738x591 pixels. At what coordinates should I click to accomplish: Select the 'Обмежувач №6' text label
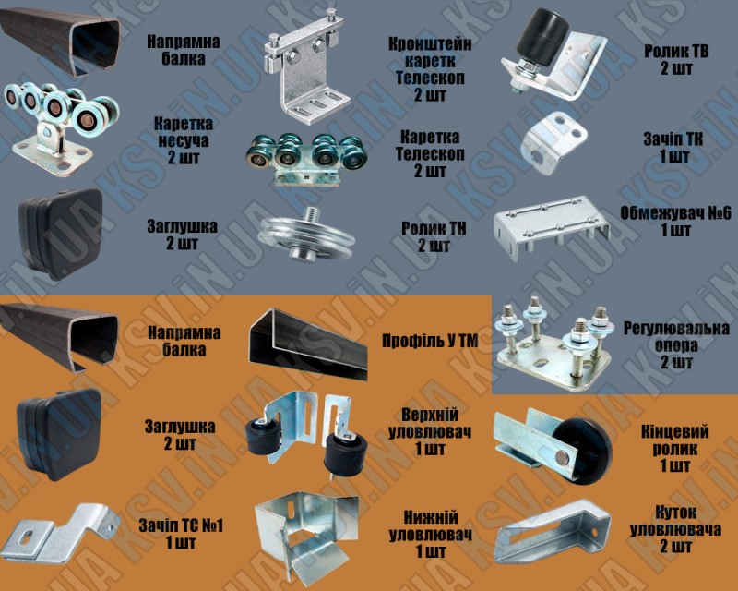[676, 222]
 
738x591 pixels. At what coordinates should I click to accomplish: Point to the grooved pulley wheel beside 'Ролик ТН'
[294, 237]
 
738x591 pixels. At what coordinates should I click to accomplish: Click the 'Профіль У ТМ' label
[430, 342]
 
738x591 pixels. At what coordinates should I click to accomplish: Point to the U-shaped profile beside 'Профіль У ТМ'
[309, 344]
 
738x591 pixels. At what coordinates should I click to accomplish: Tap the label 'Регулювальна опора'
[675, 344]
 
